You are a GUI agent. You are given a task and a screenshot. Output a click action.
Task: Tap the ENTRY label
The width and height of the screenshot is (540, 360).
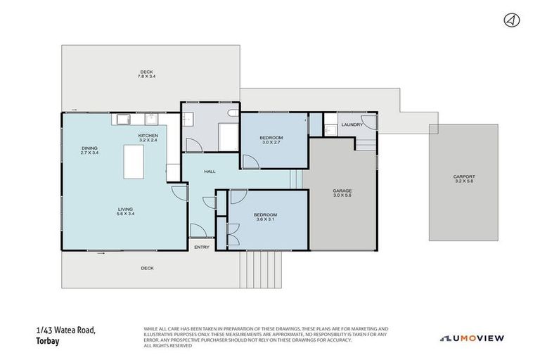pos(202,247)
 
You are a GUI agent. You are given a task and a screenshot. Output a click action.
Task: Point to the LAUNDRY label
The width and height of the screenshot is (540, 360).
pos(352,124)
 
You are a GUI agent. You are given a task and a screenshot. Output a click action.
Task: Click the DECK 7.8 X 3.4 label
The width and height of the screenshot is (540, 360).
pos(146,74)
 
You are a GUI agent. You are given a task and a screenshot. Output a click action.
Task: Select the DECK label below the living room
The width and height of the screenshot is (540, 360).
pos(147,268)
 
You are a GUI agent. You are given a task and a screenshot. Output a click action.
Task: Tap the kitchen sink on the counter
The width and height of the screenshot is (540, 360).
pos(122,119)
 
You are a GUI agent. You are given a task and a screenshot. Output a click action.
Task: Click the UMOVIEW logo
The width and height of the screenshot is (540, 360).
pos(472,338)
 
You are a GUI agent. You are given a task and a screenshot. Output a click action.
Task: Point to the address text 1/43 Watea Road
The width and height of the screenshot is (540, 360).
pos(65,330)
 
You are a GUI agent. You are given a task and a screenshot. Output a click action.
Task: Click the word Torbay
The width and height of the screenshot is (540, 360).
pos(46,341)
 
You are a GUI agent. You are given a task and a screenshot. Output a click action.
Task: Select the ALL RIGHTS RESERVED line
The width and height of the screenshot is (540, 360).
pos(167,345)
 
